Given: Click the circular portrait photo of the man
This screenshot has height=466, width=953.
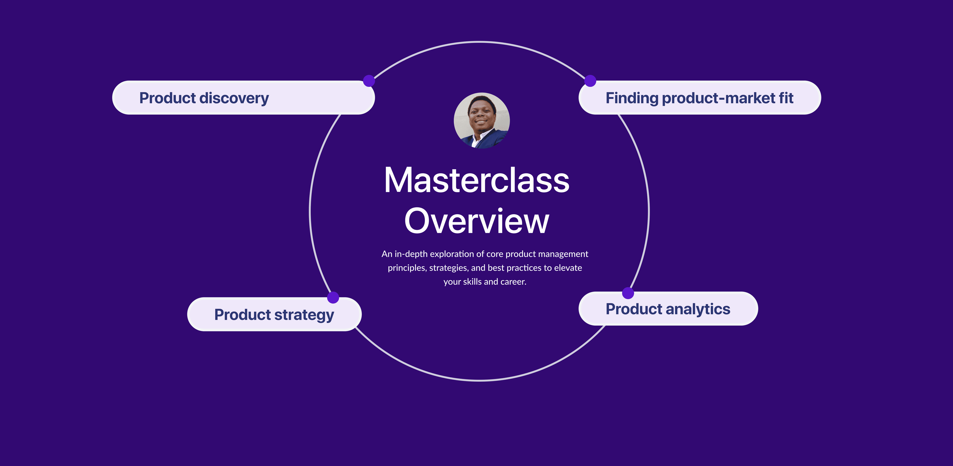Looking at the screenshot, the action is point(482,121).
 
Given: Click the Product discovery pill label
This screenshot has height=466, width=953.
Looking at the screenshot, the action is point(243,98).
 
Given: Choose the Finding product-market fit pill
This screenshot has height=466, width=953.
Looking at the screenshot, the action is point(700,98).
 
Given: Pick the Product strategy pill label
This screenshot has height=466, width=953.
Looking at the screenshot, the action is point(274,314).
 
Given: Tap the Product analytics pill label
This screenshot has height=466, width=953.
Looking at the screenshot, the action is point(668,309).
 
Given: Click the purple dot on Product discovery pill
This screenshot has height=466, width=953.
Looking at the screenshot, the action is point(369,81).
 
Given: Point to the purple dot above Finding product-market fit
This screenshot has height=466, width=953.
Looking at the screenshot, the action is point(590,81).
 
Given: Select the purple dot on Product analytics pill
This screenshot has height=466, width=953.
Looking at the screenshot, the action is point(628,293).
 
